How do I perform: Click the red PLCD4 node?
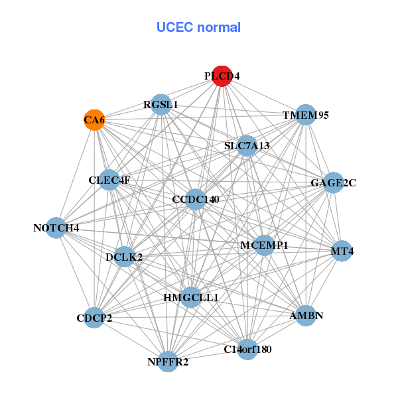click(x=222, y=76)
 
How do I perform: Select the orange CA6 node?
click(x=94, y=120)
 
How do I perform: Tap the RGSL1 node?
click(x=161, y=104)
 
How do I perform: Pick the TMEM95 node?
click(x=305, y=115)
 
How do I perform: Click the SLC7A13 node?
click(x=247, y=146)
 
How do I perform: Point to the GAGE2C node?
click(x=333, y=182)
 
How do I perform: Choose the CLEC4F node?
click(x=109, y=180)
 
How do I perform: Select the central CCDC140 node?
click(x=195, y=199)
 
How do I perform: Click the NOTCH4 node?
click(x=57, y=228)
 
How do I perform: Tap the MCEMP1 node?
click(x=264, y=245)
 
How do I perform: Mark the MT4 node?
click(x=342, y=251)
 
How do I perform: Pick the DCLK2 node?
click(x=124, y=256)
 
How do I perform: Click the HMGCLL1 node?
click(x=191, y=297)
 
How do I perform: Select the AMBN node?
click(x=306, y=315)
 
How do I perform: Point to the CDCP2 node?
click(x=94, y=318)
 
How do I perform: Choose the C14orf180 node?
click(x=247, y=349)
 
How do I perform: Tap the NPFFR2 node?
click(x=168, y=362)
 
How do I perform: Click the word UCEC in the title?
click(x=170, y=27)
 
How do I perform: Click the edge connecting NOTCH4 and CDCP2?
click(x=76, y=273)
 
